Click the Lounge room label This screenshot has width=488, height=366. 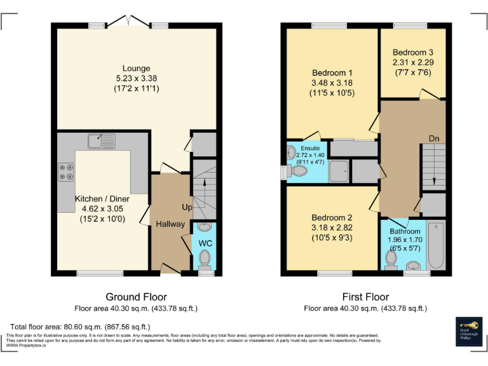point(137,68)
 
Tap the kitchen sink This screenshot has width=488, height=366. point(101,139)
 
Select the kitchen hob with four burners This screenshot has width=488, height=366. point(66,172)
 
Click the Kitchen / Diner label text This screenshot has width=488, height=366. point(104,199)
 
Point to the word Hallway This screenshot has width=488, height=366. point(170,224)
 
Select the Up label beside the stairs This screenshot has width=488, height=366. point(187,208)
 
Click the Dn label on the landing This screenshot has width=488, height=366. point(434,138)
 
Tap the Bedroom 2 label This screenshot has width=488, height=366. point(332,217)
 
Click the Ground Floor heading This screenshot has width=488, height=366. point(136,297)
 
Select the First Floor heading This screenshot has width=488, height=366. point(365,297)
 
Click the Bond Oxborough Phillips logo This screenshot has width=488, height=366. point(469,330)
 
